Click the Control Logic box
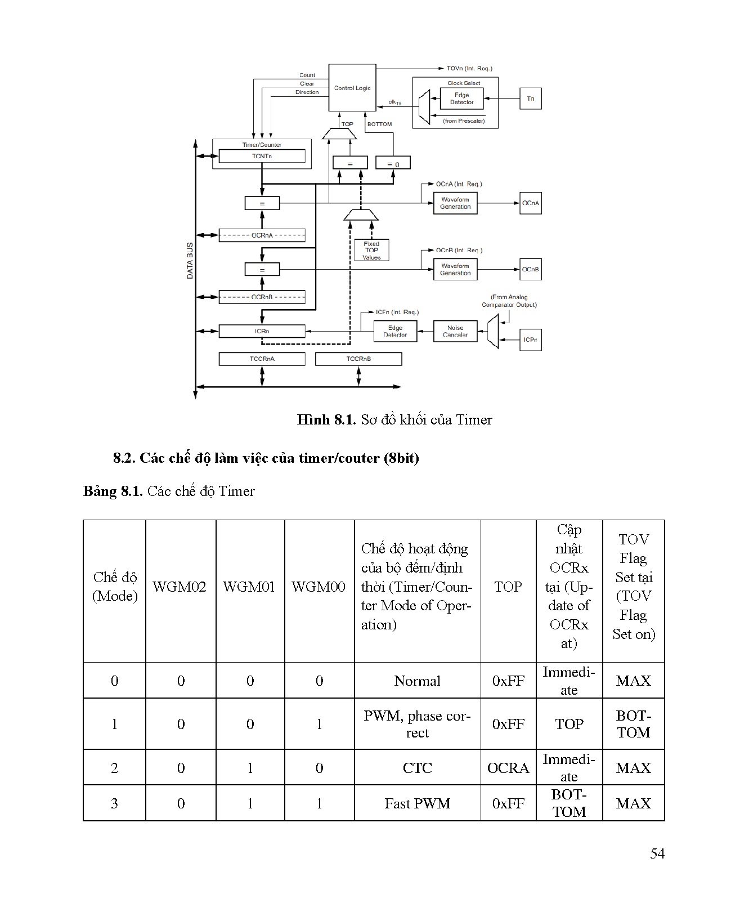click(352, 88)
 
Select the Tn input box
click(530, 99)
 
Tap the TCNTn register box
click(262, 156)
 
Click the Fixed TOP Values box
click(371, 251)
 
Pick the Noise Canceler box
click(455, 331)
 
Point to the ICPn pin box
click(530, 339)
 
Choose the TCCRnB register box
click(358, 359)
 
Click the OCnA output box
click(530, 203)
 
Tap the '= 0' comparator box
click(393, 163)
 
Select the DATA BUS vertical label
click(190, 261)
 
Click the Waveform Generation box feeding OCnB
click(455, 269)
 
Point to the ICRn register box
click(262, 331)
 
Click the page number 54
click(657, 853)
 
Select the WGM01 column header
click(249, 587)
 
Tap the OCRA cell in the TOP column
click(508, 768)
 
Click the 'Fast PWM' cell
click(417, 803)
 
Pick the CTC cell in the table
click(417, 768)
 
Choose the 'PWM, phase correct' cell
click(417, 724)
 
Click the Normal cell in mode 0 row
click(417, 681)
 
